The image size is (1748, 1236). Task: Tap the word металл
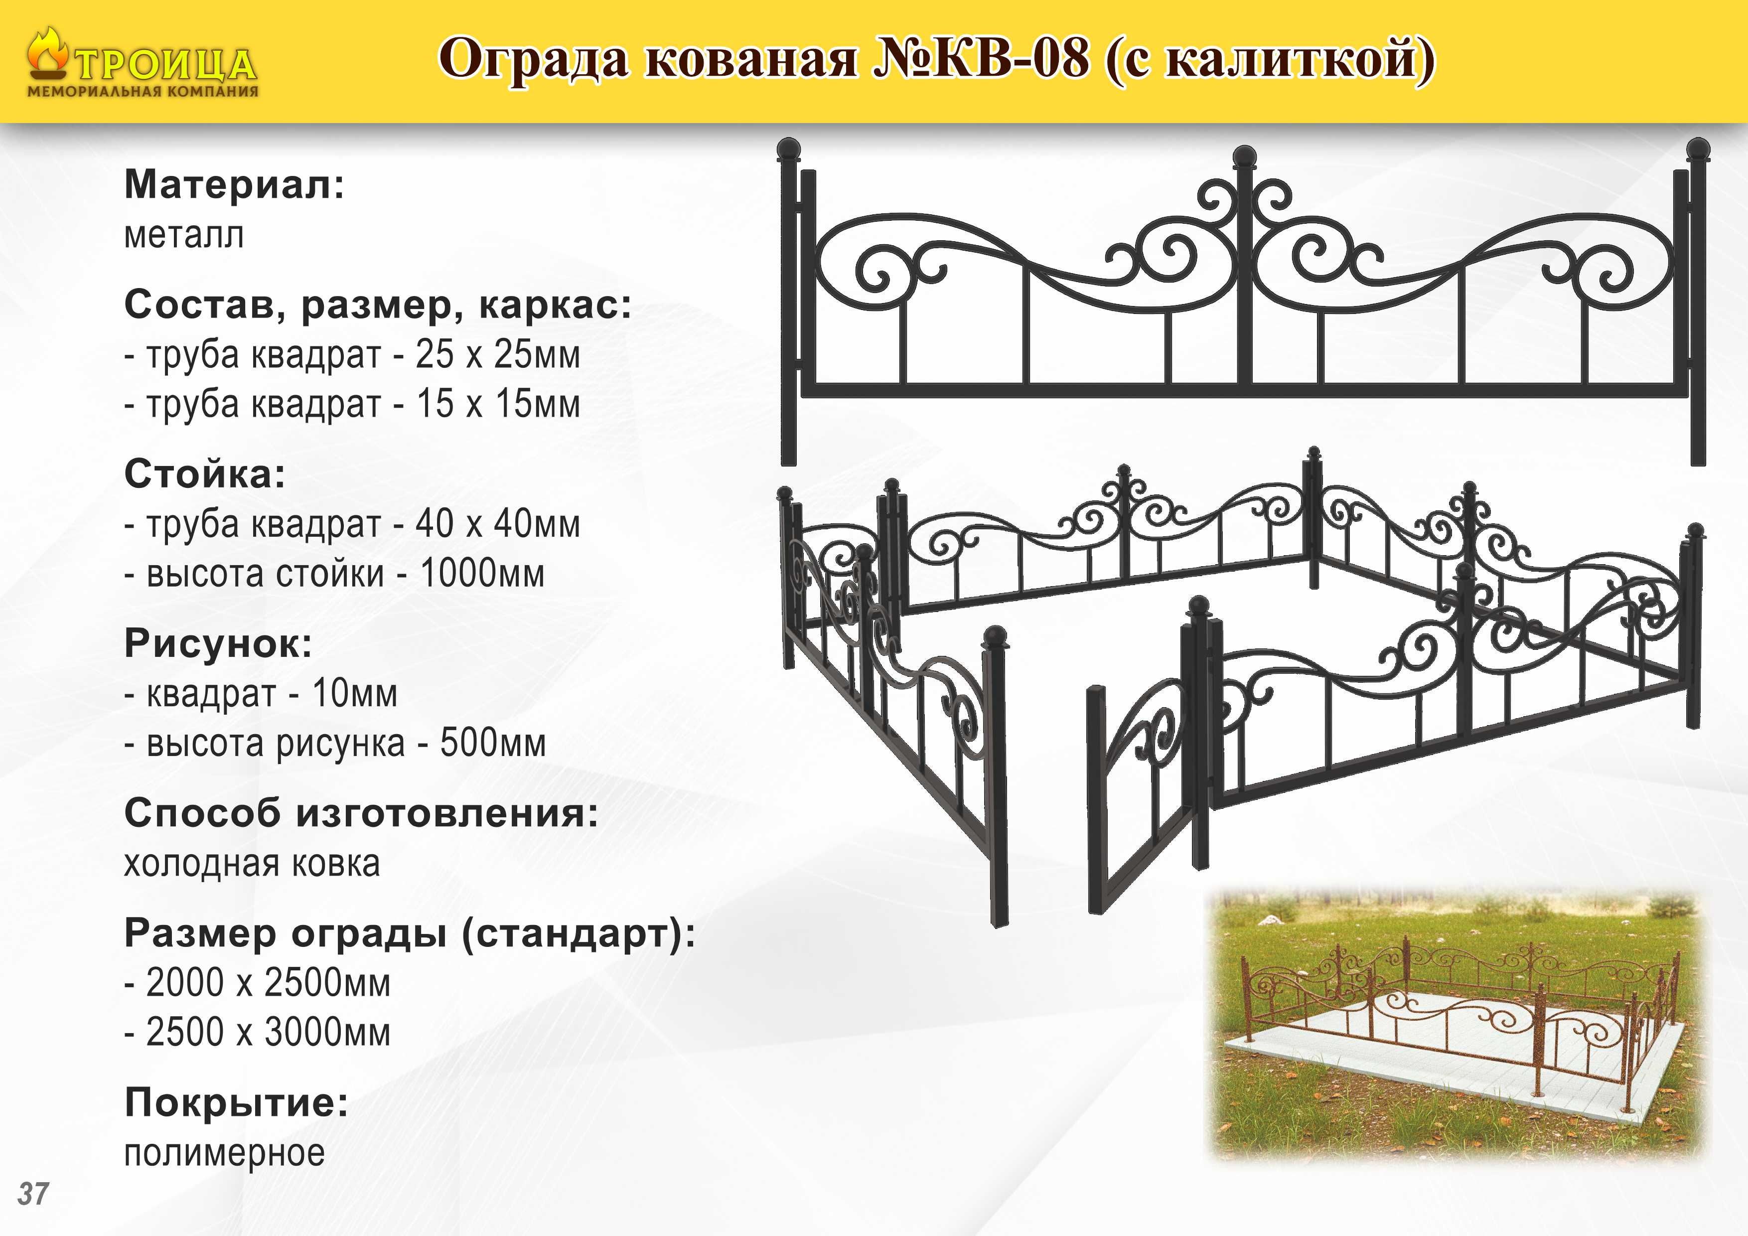[184, 235]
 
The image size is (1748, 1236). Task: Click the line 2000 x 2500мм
[257, 982]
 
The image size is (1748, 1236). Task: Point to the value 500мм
[493, 743]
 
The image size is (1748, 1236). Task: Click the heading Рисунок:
[218, 643]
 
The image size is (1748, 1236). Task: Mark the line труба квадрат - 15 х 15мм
[352, 404]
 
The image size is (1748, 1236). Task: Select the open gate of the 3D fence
[1142, 792]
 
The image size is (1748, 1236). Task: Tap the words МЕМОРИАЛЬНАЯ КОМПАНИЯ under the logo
[143, 91]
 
